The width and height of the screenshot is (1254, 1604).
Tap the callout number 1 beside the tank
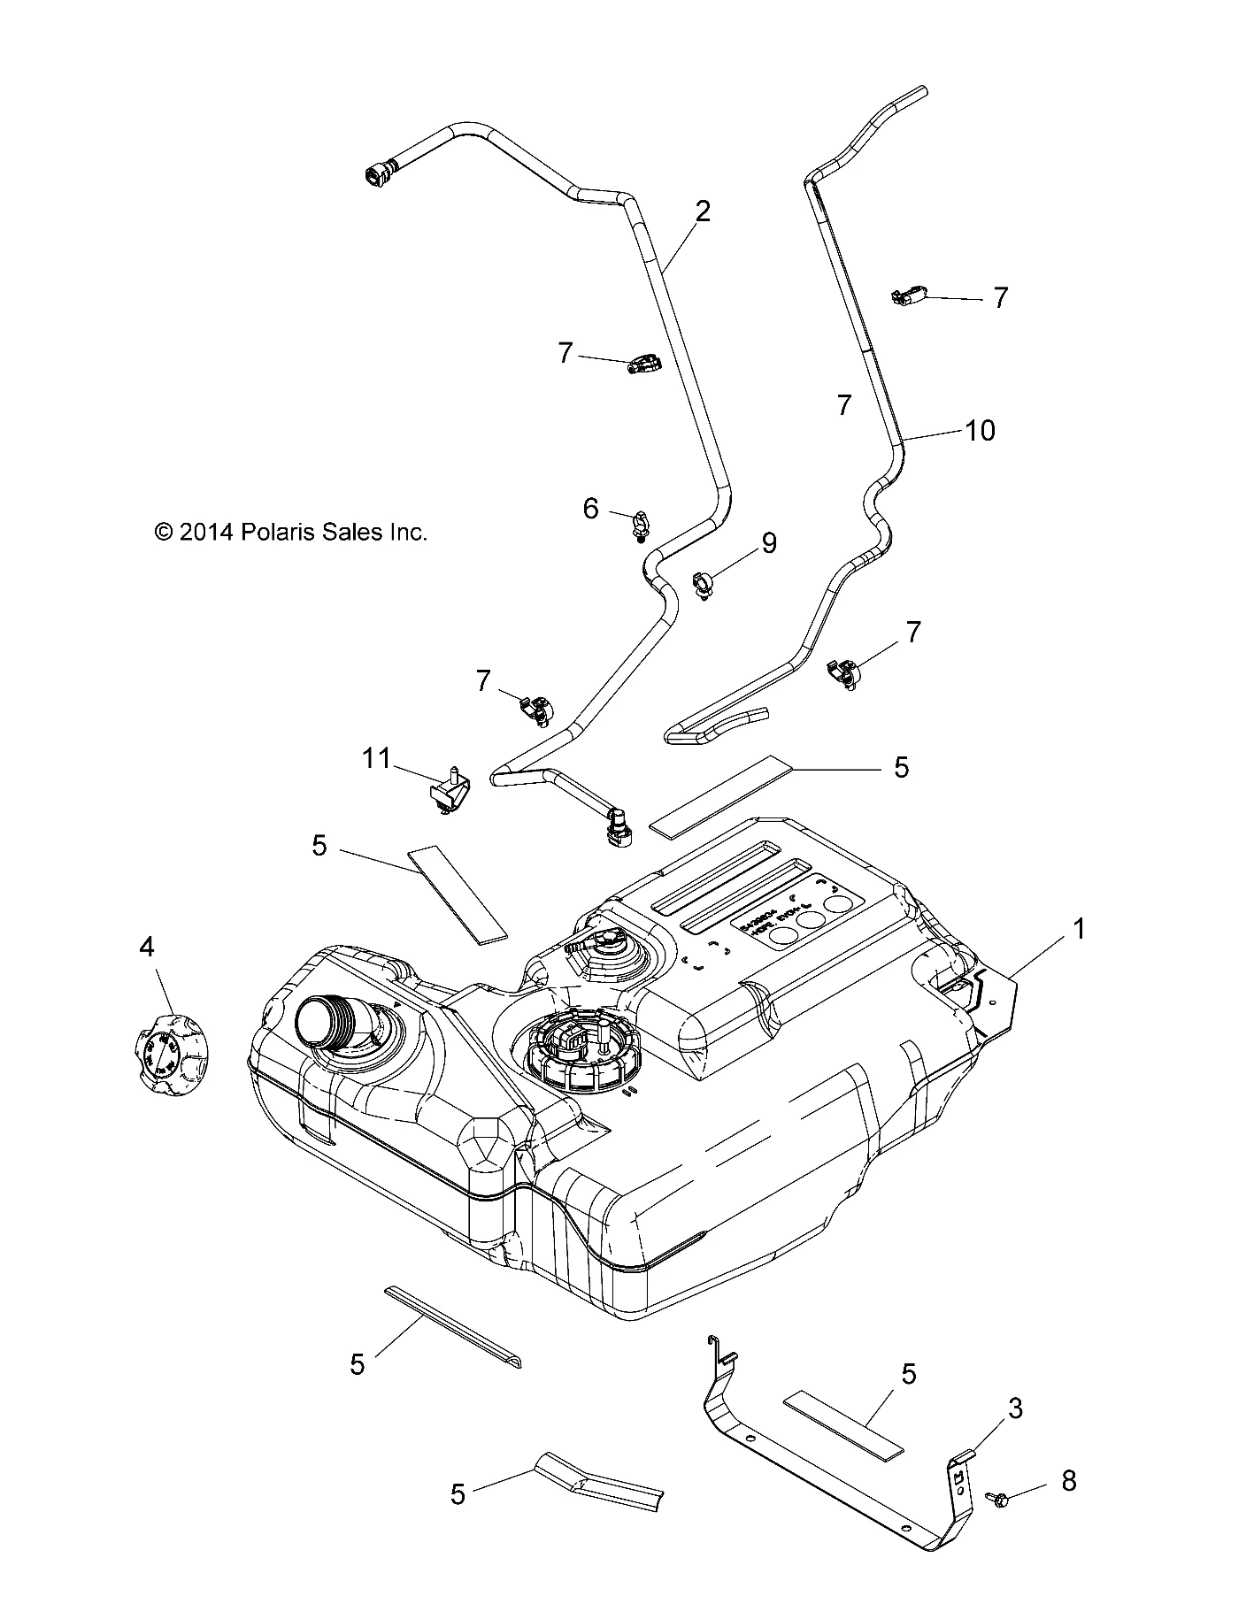click(x=1078, y=929)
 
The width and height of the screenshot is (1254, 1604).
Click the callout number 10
click(x=981, y=431)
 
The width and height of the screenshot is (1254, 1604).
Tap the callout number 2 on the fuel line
click(x=703, y=211)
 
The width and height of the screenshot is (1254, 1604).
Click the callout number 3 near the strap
click(x=1016, y=1408)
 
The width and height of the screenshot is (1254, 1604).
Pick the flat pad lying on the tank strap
click(x=842, y=1431)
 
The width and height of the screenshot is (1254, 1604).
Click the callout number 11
click(x=376, y=758)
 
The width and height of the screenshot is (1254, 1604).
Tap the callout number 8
click(x=1068, y=1481)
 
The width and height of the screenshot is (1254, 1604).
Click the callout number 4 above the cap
click(x=146, y=948)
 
